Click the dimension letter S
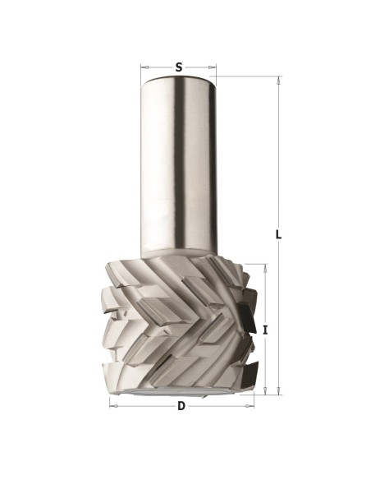tap(179, 67)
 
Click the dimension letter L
tap(278, 235)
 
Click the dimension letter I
tap(265, 330)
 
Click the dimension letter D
tap(181, 406)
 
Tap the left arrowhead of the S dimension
tap(144, 67)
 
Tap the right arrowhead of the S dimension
tap(213, 67)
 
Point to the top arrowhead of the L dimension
tap(278, 81)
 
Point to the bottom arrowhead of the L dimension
tap(278, 391)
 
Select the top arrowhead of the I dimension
tap(265, 268)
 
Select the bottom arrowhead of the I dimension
tap(265, 391)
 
